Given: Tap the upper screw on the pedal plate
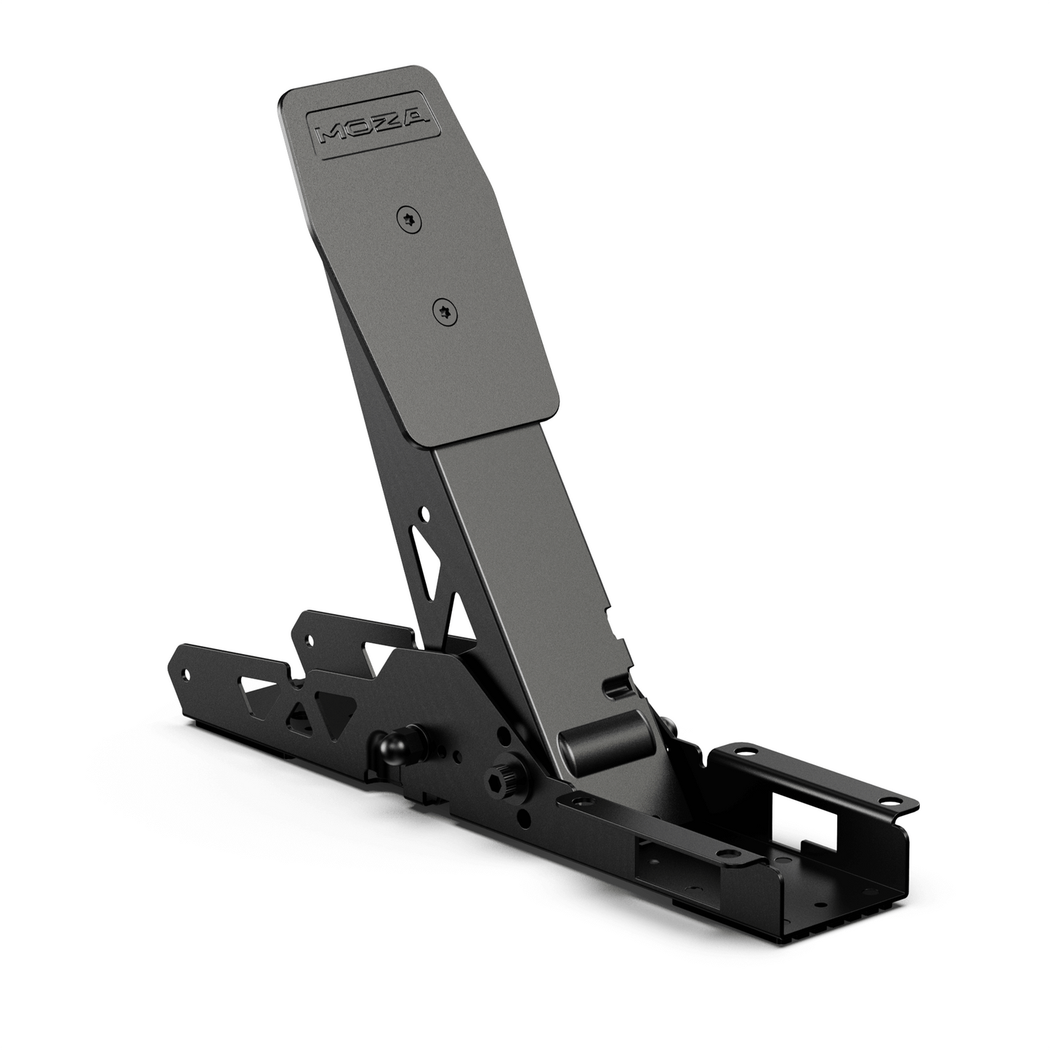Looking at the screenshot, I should click(x=408, y=219).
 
